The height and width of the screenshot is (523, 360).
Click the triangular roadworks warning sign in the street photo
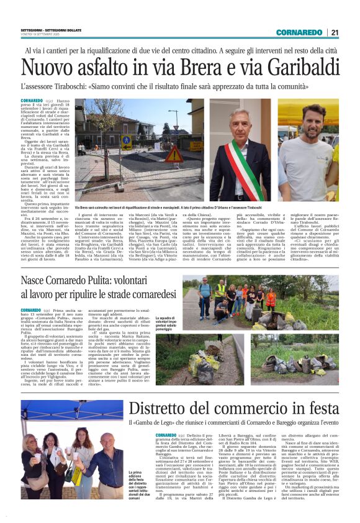[174, 153]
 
